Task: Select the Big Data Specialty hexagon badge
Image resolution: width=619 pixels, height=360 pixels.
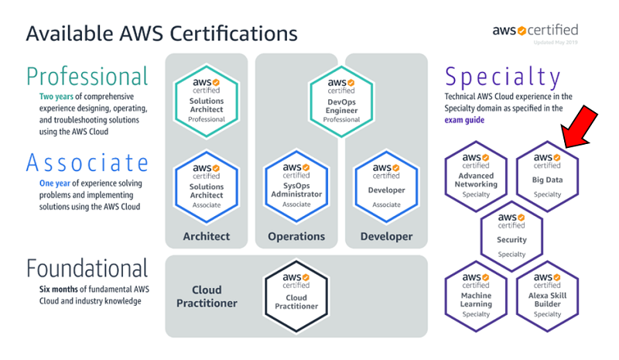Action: click(547, 177)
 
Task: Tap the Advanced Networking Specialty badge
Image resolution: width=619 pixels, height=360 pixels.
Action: click(476, 177)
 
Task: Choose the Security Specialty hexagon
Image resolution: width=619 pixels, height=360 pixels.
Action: click(511, 236)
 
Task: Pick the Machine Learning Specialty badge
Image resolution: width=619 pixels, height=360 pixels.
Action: click(476, 296)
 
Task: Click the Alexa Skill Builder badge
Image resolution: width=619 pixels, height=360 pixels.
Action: click(547, 296)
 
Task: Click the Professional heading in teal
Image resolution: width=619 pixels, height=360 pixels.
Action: click(87, 76)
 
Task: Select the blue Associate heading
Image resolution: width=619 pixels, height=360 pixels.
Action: click(87, 163)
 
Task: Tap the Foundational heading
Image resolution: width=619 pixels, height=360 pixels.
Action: click(87, 269)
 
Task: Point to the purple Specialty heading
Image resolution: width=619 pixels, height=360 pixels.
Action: click(503, 77)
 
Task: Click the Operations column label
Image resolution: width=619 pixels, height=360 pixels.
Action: click(296, 236)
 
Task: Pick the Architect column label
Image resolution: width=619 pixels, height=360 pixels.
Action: click(206, 236)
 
